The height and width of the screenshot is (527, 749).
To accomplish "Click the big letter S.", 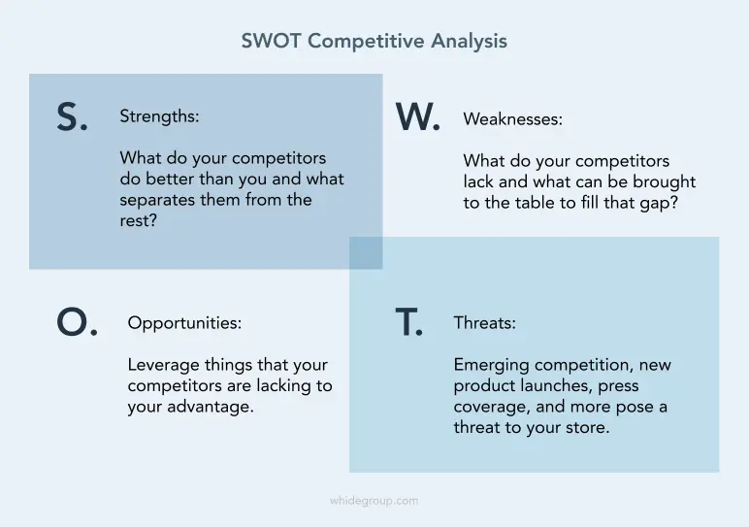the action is [68, 117].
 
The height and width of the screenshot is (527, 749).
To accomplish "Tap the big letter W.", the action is [412, 117].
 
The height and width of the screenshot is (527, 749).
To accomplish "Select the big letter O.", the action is [73, 322].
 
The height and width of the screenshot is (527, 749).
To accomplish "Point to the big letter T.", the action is [406, 322].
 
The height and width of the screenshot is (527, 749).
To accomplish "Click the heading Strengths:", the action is [159, 116].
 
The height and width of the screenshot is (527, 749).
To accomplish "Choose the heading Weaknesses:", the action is [512, 119].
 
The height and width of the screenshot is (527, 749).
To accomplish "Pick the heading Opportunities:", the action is [184, 323].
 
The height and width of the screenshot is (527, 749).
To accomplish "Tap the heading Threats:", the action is [484, 323].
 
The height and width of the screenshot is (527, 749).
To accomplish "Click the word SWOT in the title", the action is [271, 41].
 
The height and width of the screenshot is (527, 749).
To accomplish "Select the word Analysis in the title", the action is [469, 42].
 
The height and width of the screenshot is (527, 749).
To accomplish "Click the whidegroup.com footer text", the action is [374, 501].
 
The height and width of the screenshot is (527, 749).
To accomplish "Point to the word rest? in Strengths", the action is [138, 220].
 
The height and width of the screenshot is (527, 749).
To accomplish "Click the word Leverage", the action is [164, 366].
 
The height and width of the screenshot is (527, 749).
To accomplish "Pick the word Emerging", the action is [492, 366].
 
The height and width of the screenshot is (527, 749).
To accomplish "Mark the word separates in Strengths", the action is [157, 200].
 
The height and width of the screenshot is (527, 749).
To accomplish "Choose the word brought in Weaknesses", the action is [664, 182].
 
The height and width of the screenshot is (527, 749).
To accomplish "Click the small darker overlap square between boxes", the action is [366, 252].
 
